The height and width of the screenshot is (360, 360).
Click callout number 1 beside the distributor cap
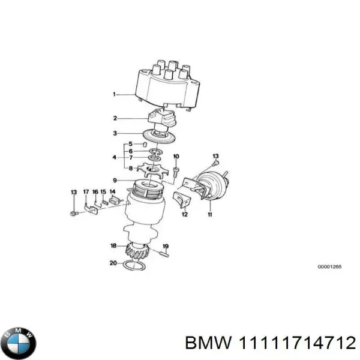click(x=115, y=94)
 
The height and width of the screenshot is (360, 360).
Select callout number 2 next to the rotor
click(x=115, y=118)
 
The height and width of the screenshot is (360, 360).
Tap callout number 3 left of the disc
click(x=115, y=133)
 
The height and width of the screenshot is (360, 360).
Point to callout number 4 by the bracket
click(x=115, y=157)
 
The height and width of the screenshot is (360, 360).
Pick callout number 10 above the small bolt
click(x=176, y=157)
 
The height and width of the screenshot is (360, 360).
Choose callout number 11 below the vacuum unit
click(x=210, y=214)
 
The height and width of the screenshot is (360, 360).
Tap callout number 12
click(x=184, y=214)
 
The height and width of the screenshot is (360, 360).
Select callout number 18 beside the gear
click(x=113, y=245)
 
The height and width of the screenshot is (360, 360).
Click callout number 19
click(x=166, y=246)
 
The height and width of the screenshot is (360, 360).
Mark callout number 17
click(x=86, y=192)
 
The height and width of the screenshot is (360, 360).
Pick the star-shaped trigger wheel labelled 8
click(x=148, y=170)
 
